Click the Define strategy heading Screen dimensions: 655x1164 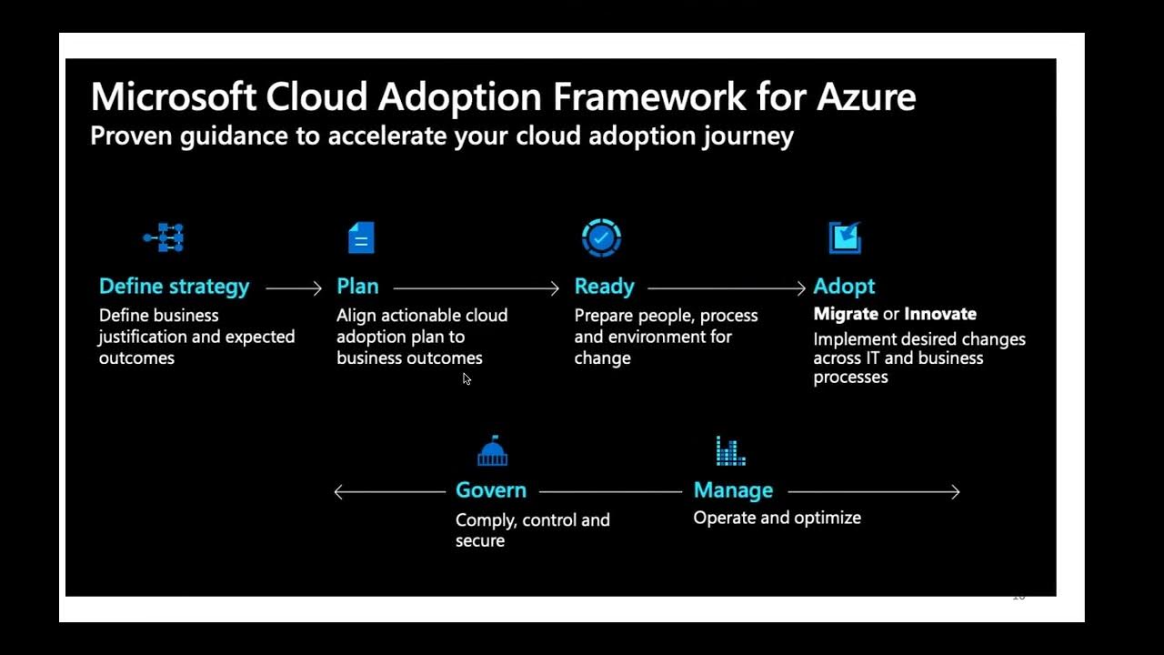point(174,287)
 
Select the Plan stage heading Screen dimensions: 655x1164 point(357,287)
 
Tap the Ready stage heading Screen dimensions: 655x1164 point(604,287)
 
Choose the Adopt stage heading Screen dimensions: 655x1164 point(844,287)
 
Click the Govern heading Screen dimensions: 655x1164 point(491,490)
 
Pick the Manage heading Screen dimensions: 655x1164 point(733,490)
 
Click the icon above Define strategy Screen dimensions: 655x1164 point(165,237)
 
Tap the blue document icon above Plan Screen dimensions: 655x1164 point(361,238)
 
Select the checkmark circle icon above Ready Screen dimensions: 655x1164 point(601,237)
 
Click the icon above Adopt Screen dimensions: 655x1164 point(845,237)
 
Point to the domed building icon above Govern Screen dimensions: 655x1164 point(492,450)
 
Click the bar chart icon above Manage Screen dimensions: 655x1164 point(730,450)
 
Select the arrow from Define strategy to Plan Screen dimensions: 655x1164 point(294,288)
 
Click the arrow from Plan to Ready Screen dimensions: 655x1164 point(477,288)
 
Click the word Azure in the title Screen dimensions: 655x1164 point(866,96)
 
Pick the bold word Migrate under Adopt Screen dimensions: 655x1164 point(846,314)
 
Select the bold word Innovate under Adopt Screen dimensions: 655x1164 point(940,314)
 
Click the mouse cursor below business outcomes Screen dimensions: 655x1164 point(467,379)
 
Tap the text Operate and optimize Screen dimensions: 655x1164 point(777,518)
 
